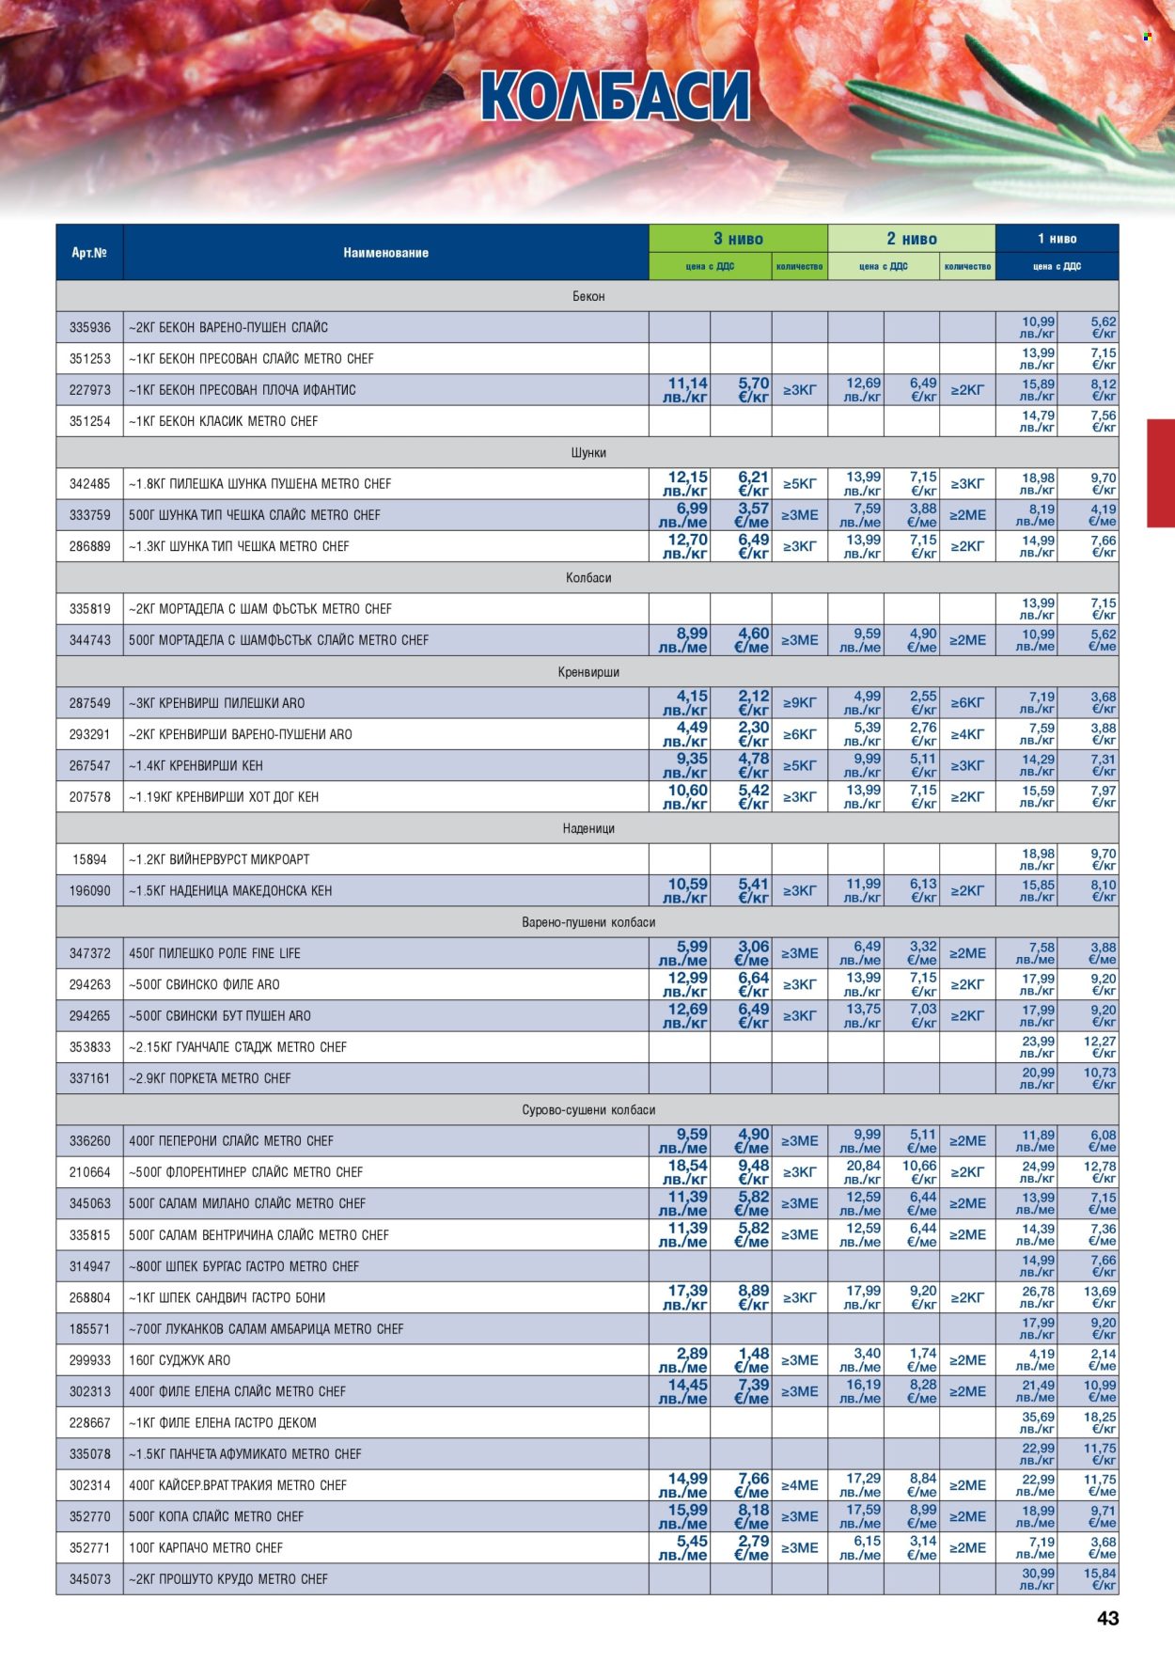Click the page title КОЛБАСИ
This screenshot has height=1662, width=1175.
coord(616,96)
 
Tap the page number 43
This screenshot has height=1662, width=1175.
coord(1107,1618)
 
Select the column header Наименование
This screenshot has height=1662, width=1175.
coord(385,252)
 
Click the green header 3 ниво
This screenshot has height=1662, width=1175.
coord(738,239)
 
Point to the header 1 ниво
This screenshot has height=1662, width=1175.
coord(1057,239)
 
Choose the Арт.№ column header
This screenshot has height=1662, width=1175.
coord(89,252)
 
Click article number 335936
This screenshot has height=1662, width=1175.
coord(89,327)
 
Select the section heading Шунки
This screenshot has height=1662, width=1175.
coord(588,452)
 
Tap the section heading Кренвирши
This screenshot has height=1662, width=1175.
coord(588,671)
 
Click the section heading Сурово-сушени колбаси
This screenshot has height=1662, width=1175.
coord(588,1109)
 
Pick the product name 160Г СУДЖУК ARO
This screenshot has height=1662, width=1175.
coord(180,1359)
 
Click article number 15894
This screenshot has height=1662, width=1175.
coord(89,859)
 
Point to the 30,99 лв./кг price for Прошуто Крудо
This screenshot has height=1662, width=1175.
coord(1038,1578)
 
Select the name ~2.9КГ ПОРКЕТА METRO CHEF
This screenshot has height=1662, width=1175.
coord(210,1078)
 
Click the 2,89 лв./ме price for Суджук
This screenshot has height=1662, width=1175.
coord(683,1359)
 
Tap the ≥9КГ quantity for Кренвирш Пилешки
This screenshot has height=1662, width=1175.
coord(799,702)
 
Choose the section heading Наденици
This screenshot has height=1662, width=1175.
coord(588,828)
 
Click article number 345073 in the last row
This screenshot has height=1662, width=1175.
coord(89,1578)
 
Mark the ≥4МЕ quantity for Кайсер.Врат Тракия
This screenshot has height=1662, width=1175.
coord(799,1484)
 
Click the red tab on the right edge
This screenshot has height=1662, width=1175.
coord(1161,473)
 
